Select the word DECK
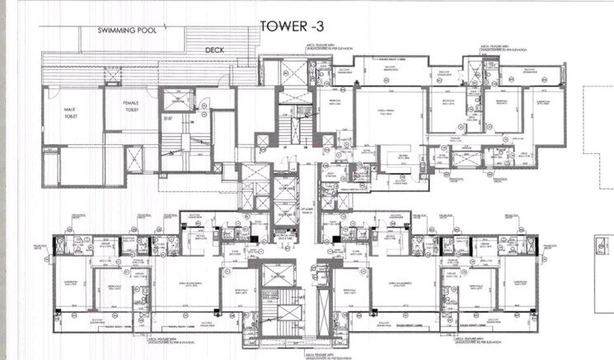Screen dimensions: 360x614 215,49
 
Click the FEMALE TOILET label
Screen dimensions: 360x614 130,108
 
